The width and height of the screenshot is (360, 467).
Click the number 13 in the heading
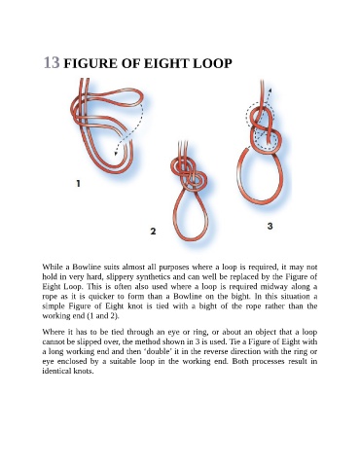coord(52,62)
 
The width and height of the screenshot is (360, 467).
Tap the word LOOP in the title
coord(212,63)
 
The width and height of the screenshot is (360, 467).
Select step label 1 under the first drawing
coord(78,183)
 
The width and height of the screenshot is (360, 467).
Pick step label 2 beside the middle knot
coord(153,232)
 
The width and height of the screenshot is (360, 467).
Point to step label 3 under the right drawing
coord(270,226)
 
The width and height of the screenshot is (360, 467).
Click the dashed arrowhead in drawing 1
coord(116,153)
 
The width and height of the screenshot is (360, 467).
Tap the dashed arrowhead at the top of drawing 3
coord(270,90)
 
